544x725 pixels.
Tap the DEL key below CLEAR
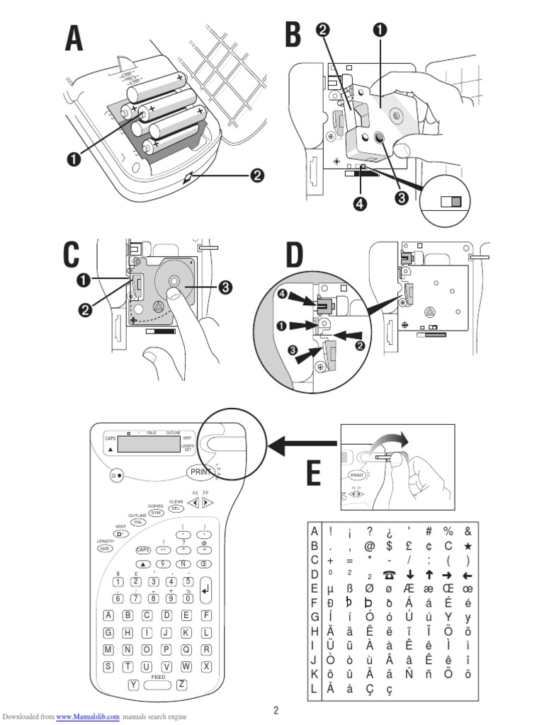pyautogui.click(x=177, y=508)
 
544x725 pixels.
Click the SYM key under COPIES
pyautogui.click(x=157, y=512)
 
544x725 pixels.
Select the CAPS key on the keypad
pyautogui.click(x=143, y=549)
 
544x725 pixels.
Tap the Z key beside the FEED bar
pyautogui.click(x=182, y=684)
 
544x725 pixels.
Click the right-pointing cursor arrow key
pyautogui.click(x=206, y=503)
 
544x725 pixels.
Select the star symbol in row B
pyautogui.click(x=467, y=546)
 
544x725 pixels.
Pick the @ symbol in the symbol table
pyautogui.click(x=369, y=546)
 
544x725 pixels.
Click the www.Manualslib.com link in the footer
pyautogui.click(x=88, y=717)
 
